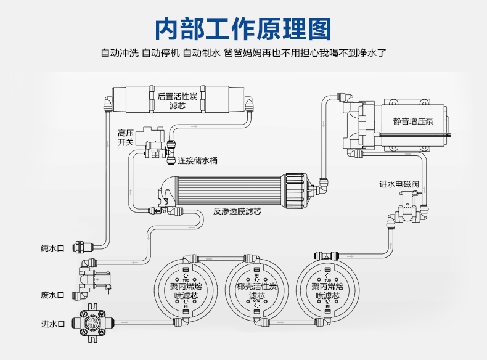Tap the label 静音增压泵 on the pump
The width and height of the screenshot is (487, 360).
413,121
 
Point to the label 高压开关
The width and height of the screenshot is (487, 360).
126,137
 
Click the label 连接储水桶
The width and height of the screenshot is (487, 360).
197,161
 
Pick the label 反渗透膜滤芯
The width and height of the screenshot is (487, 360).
237,211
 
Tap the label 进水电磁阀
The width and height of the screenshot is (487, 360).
399,184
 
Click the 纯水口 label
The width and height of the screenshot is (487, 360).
52,248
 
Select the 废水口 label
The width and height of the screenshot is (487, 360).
52,295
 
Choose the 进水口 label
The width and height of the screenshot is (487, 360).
52,323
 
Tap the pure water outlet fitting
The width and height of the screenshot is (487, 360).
80,248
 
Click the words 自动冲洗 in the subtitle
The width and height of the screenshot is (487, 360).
120,53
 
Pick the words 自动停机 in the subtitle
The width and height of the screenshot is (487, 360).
160,53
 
